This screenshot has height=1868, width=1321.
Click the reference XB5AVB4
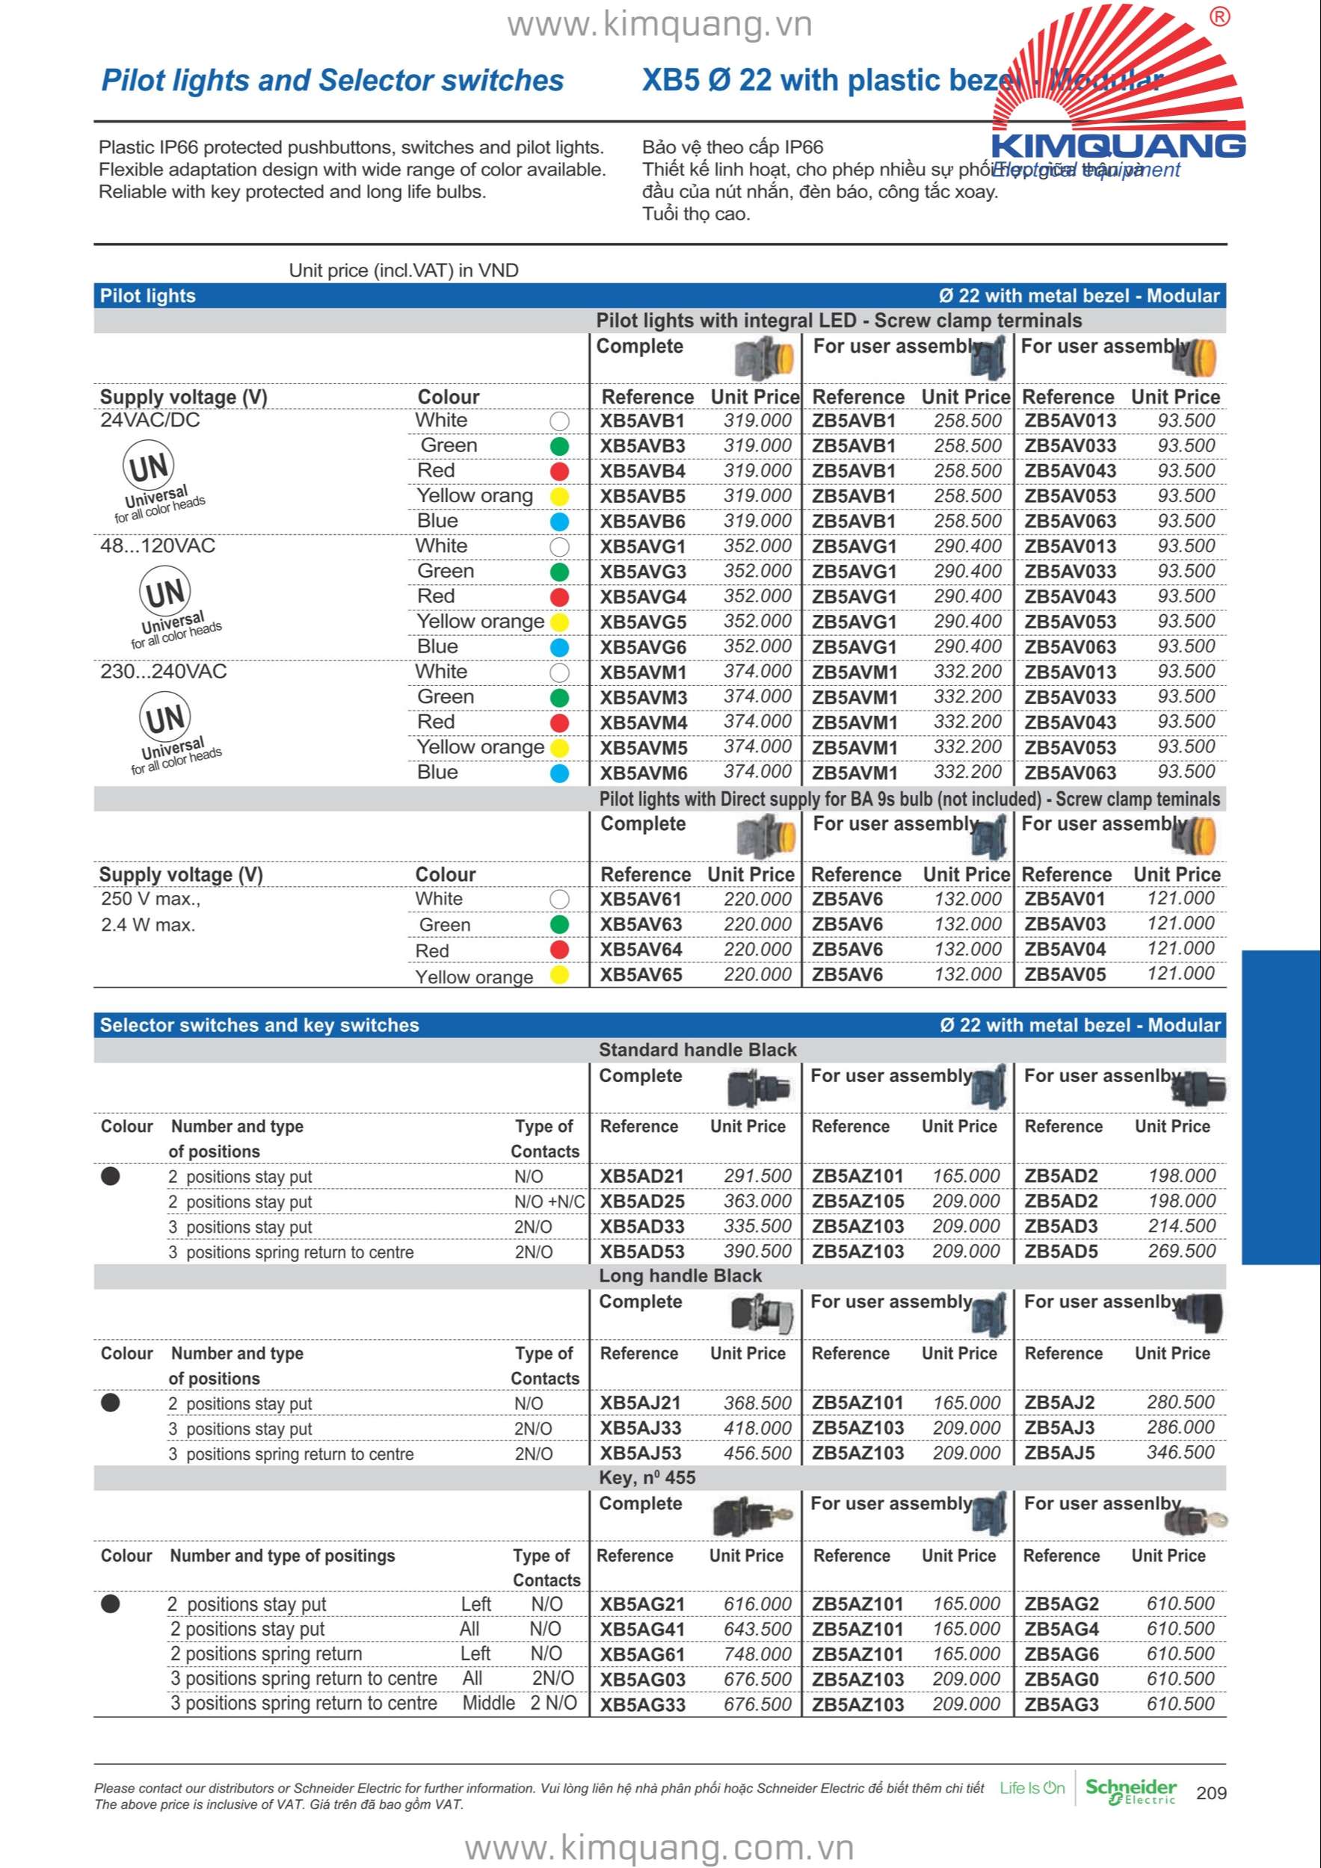[x=642, y=471]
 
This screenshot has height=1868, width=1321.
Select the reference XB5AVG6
[x=643, y=648]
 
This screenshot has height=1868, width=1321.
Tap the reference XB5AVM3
[x=643, y=698]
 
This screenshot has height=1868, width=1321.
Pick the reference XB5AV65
[x=641, y=974]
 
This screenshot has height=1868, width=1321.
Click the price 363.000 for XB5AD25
[x=757, y=1201]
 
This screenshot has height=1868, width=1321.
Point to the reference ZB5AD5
[x=1061, y=1252]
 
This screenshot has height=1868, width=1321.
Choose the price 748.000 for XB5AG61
[x=757, y=1654]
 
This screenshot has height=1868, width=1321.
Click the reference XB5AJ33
[x=641, y=1428]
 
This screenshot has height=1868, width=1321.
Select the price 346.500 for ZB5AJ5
[x=1180, y=1453]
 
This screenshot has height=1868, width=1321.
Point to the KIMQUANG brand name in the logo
[x=1118, y=146]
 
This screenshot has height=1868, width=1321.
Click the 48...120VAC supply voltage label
[x=158, y=546]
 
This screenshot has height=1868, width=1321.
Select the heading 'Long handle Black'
[x=680, y=1275]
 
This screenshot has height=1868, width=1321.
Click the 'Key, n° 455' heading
[x=647, y=1477]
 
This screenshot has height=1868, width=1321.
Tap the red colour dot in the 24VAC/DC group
[x=559, y=472]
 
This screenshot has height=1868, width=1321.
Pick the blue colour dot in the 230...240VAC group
[x=559, y=773]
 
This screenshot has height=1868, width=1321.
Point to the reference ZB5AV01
[x=1065, y=899]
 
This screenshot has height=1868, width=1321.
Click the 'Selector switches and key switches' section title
[x=259, y=1025]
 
